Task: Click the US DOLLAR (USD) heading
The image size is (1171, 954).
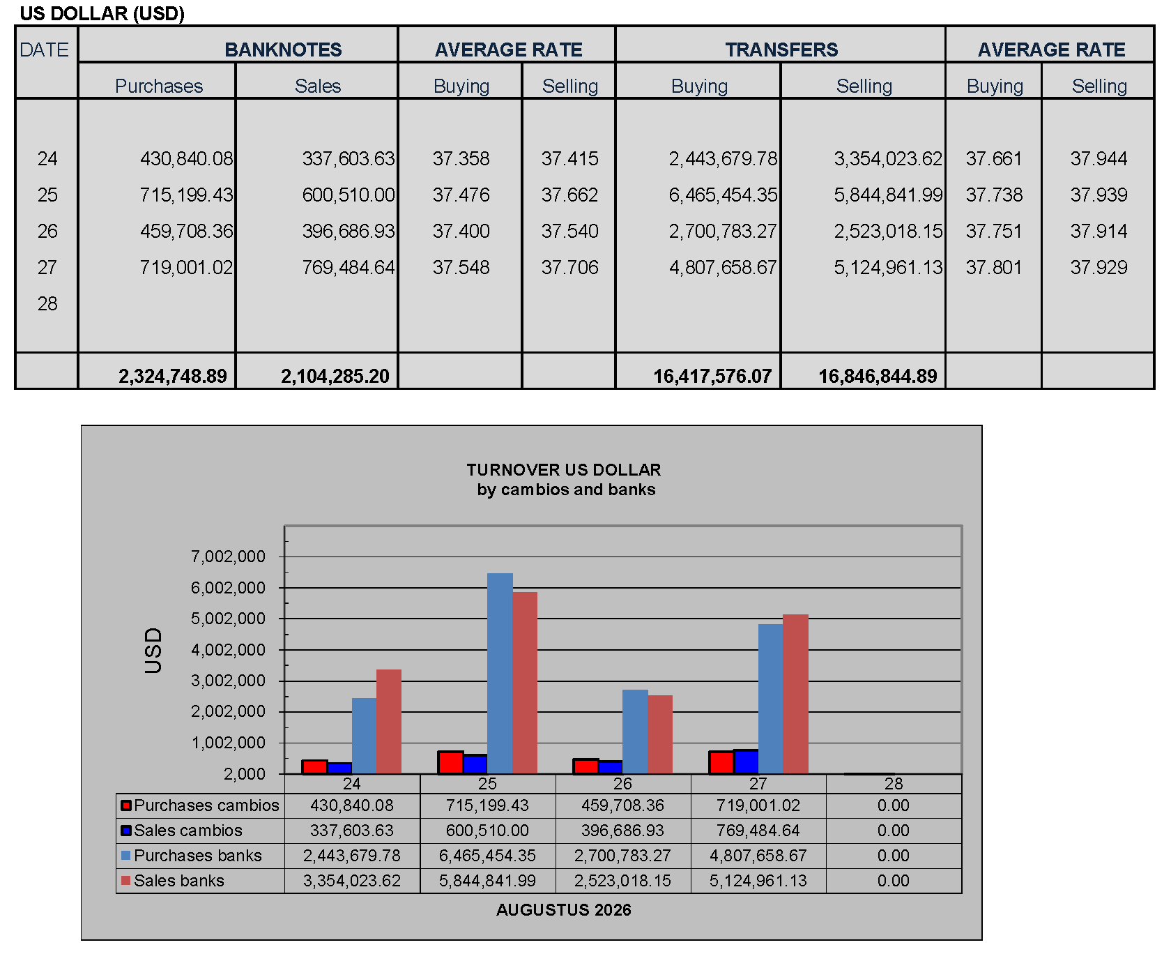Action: point(102,13)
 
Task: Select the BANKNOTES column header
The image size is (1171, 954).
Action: point(283,50)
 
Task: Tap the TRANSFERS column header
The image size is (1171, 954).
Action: point(781,50)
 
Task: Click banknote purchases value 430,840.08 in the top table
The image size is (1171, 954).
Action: point(187,158)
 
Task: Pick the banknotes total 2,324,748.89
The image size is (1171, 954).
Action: point(173,376)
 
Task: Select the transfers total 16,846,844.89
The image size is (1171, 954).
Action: point(878,376)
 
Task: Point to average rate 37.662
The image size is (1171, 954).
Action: point(569,195)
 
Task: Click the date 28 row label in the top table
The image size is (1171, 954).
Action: point(47,303)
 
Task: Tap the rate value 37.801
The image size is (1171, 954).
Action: point(994,267)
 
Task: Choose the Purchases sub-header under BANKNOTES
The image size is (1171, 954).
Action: point(159,86)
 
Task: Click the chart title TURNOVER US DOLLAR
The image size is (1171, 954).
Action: point(564,469)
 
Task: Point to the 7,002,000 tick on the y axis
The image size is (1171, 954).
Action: point(229,556)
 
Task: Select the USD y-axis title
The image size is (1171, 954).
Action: point(153,650)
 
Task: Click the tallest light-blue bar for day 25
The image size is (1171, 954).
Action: point(500,674)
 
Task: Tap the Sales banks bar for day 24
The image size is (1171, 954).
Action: point(389,722)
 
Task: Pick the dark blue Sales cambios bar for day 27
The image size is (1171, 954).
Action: point(746,762)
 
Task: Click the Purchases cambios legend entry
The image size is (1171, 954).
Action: point(200,805)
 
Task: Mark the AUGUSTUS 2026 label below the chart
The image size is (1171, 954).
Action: point(564,910)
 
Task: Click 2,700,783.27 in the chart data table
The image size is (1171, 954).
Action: point(622,856)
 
